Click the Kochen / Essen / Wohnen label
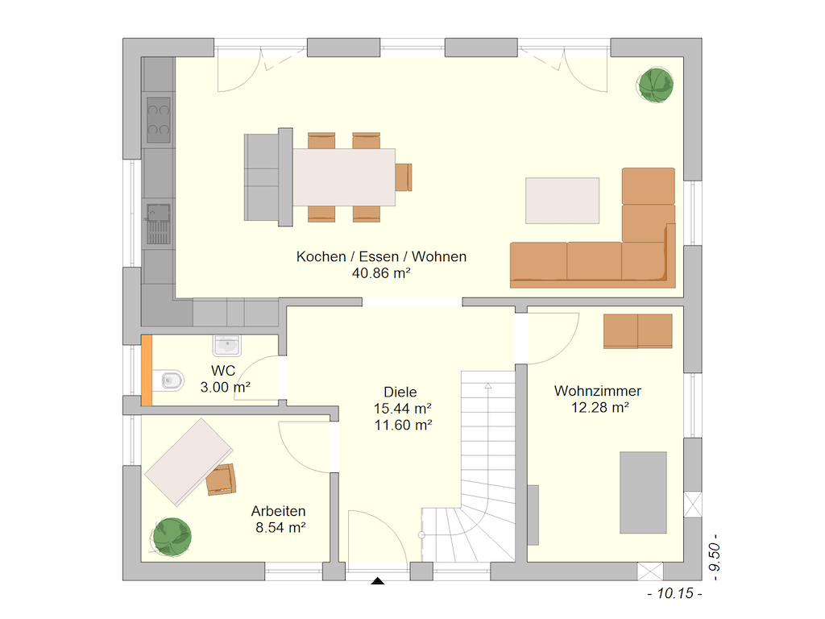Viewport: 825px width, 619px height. pos(381,256)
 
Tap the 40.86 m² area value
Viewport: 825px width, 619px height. pos(381,273)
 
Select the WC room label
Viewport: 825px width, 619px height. pos(223,371)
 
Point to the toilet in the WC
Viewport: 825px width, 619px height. pos(169,380)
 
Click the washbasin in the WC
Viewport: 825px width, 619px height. pos(226,345)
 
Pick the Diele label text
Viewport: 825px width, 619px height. pos(400,393)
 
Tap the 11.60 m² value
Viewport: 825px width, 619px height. pos(403,425)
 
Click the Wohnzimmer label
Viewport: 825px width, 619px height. pos(598,391)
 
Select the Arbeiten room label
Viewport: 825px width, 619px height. pos(278,511)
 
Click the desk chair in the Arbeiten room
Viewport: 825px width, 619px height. pos(221,480)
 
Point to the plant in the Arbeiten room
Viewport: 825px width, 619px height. pos(172,537)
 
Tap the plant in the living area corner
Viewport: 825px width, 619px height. pos(656,85)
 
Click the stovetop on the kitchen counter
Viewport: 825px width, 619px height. pos(159,120)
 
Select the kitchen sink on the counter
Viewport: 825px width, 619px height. pos(159,224)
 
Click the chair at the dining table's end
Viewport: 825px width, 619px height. pos(404,177)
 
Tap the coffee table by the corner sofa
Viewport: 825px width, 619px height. pos(562,201)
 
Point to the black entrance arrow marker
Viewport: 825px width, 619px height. pos(378,581)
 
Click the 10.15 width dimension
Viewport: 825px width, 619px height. pos(674,594)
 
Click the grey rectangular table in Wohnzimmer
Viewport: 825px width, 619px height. pos(643,492)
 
